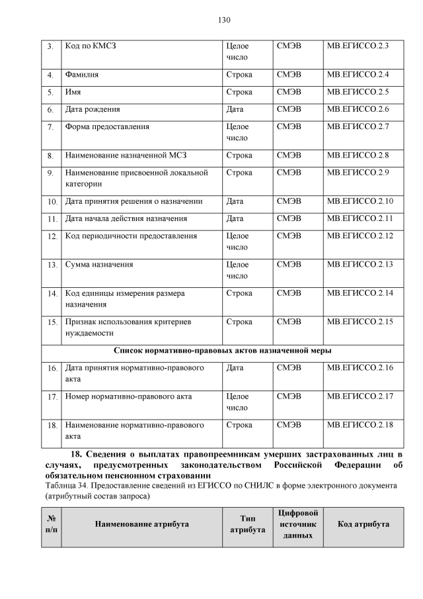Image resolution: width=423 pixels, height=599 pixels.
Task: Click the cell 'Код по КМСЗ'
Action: pyautogui.click(x=92, y=46)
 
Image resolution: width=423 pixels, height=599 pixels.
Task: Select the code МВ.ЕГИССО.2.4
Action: pyautogui.click(x=358, y=75)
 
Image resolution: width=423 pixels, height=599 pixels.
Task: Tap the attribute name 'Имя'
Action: pyautogui.click(x=73, y=92)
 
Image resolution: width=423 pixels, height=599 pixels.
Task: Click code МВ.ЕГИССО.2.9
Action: pyautogui.click(x=358, y=173)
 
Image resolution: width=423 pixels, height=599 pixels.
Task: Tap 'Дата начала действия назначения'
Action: pyautogui.click(x=126, y=218)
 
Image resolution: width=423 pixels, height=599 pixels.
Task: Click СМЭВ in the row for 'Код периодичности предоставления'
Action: pyautogui.click(x=289, y=236)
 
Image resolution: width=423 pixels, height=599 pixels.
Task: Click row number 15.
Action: pyautogui.click(x=52, y=322)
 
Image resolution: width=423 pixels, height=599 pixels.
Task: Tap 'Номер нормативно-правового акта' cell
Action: pyautogui.click(x=128, y=397)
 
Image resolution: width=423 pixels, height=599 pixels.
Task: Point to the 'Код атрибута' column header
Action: pyautogui.click(x=363, y=524)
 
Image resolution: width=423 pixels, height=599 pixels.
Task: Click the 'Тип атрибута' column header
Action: pyautogui.click(x=247, y=524)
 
